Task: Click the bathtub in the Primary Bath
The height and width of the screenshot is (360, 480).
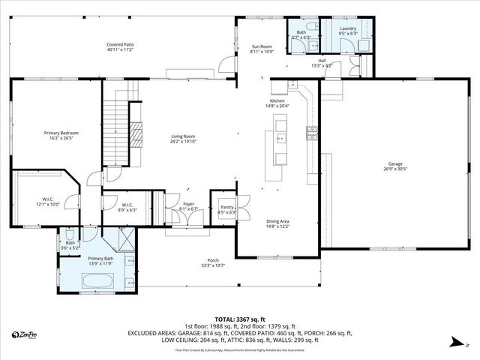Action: (x=97, y=282)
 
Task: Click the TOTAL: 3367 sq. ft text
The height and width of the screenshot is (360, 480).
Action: (x=240, y=319)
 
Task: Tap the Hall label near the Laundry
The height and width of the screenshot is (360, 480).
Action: (x=321, y=61)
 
